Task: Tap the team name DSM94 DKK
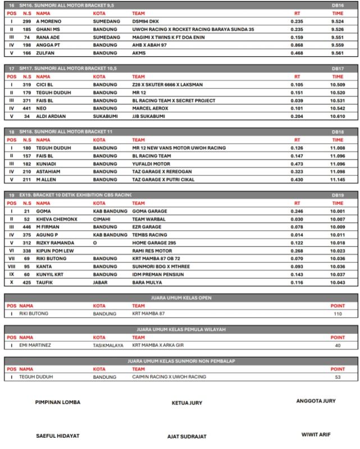[145, 21]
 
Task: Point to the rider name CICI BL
[45, 85]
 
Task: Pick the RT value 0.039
[297, 100]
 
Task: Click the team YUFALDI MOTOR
[151, 164]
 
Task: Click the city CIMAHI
[102, 219]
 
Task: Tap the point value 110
[337, 314]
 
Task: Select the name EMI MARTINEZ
[35, 345]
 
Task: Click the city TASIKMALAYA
[108, 345]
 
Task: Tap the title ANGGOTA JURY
[316, 401]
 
